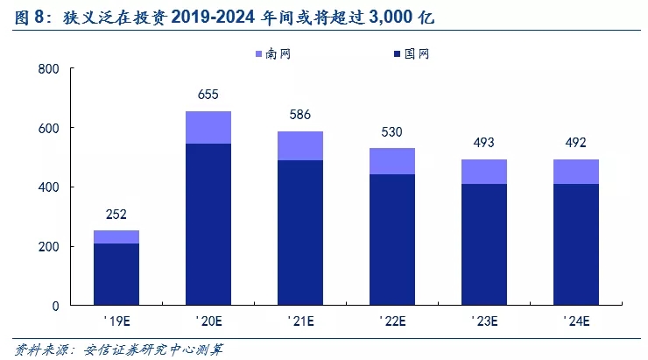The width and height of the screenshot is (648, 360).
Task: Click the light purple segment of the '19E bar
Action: tap(116, 236)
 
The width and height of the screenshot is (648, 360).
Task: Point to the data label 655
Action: tap(208, 95)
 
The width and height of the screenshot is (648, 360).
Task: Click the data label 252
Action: tap(116, 214)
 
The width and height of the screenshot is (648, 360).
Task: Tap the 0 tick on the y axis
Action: tap(55, 306)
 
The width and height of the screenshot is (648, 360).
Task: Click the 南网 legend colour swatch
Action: tap(259, 54)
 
